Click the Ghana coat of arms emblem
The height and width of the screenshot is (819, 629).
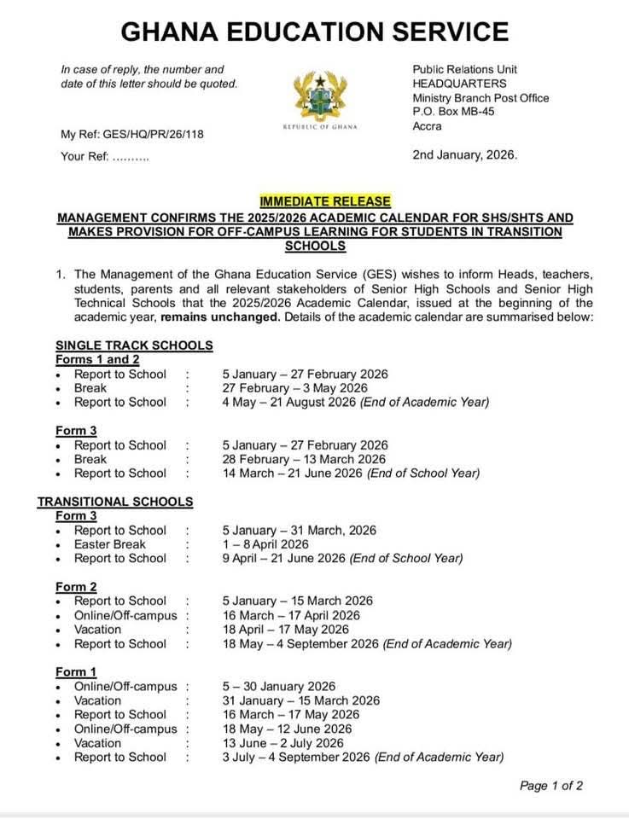[319, 96]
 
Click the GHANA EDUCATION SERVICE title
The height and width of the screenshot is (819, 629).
[314, 32]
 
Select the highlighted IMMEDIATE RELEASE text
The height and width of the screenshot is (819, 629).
[325, 201]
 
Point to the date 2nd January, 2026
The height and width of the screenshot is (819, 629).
[464, 154]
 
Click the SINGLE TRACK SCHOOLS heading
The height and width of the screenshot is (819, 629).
[134, 346]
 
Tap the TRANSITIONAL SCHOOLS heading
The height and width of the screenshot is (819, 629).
[114, 502]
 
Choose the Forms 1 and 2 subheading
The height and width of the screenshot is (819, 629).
[97, 359]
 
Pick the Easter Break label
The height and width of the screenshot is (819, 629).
[109, 544]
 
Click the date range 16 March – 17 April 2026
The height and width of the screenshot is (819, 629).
[291, 615]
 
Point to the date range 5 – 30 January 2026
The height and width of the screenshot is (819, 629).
[278, 686]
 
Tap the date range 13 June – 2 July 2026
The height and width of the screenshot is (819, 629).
[282, 743]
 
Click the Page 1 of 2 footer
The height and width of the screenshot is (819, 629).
[551, 786]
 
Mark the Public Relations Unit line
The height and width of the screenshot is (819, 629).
[464, 69]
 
